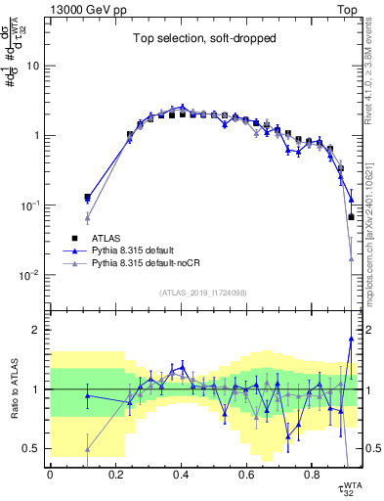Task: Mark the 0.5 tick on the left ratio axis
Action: coord(34,449)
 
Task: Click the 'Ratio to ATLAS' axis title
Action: coord(13,388)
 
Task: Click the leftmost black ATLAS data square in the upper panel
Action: coord(88,198)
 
